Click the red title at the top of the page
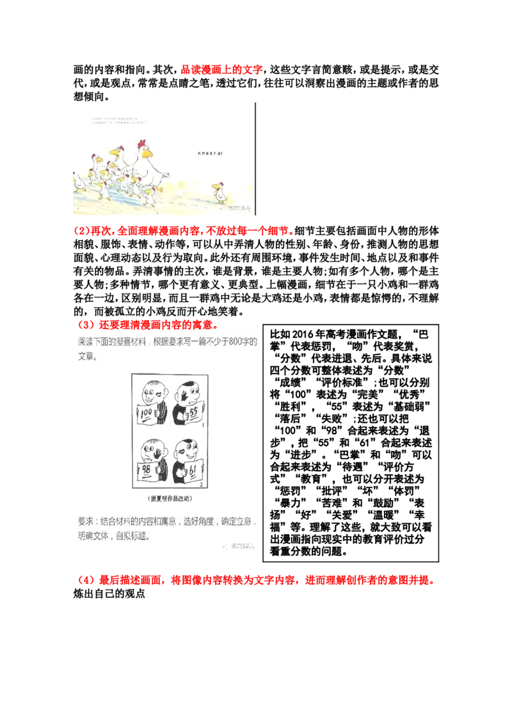[222, 70]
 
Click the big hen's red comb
[141, 143]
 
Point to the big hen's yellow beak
[148, 154]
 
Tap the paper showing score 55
[193, 416]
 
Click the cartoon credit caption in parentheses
[166, 498]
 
